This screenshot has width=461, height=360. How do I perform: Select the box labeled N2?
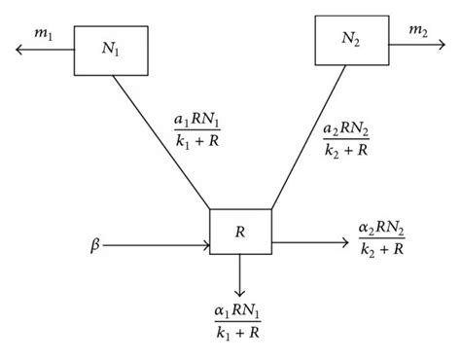(x=349, y=39)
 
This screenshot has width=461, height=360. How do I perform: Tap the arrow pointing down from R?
(x=239, y=277)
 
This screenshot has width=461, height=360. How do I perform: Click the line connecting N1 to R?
(x=160, y=142)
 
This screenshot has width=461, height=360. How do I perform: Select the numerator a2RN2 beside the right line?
(x=344, y=129)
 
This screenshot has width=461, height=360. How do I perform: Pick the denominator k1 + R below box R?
(x=238, y=336)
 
